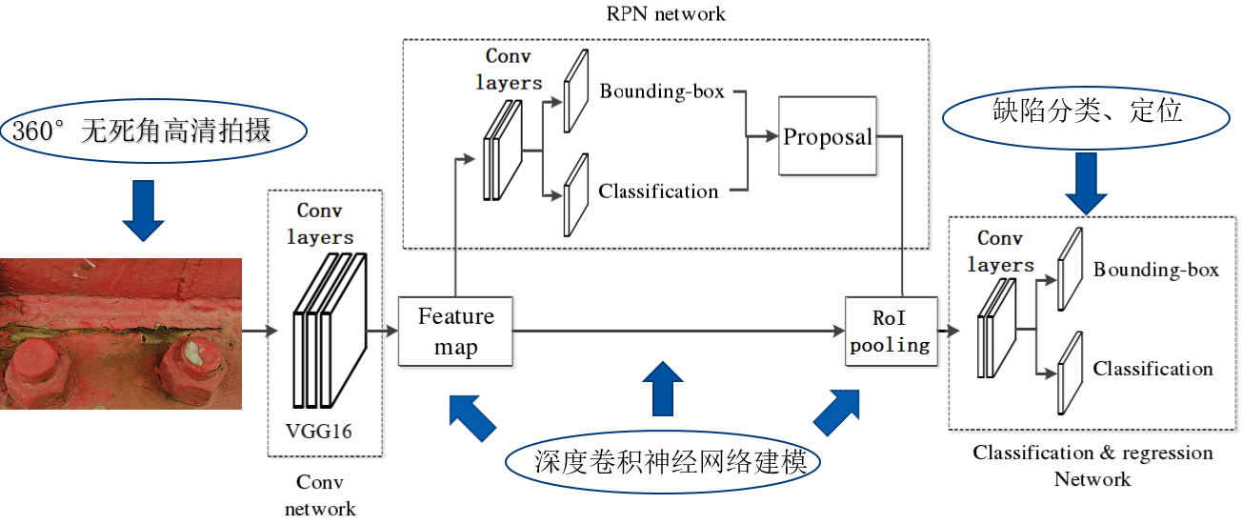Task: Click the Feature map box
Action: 455,331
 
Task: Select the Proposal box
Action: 827,136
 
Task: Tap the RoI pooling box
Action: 891,331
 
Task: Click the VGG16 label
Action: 318,432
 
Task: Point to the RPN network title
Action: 665,13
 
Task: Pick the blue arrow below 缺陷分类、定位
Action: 1086,183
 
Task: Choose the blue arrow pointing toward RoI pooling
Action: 838,410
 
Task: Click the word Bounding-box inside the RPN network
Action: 662,92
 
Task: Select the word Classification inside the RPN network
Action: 658,191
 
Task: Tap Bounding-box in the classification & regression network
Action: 1155,271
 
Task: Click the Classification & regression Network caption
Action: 1092,465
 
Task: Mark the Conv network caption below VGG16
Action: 320,495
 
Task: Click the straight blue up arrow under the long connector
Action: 664,386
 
